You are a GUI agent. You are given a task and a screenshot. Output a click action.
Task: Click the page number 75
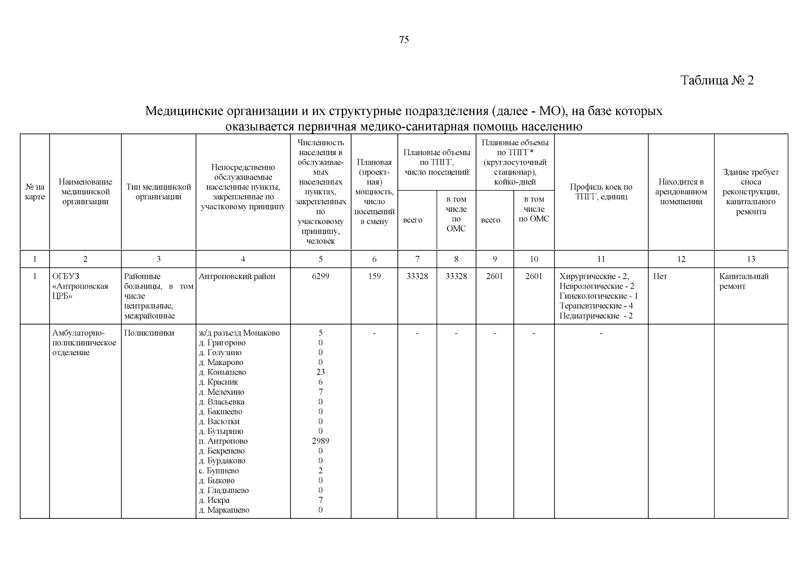(x=404, y=40)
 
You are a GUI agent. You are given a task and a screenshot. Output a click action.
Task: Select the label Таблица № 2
(x=717, y=80)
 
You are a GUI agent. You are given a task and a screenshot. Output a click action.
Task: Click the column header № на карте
(x=34, y=192)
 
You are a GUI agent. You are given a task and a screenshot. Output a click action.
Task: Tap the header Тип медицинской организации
(x=158, y=192)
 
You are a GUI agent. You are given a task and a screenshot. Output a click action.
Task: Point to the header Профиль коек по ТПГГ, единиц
(x=601, y=192)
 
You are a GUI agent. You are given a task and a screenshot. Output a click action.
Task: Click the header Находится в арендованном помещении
(x=681, y=192)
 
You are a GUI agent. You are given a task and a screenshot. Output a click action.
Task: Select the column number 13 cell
(x=751, y=259)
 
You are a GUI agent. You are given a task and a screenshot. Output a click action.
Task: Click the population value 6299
(x=321, y=276)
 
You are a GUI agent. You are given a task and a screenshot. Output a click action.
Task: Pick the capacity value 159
(x=374, y=276)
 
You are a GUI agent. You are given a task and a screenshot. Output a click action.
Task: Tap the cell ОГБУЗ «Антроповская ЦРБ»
(x=80, y=286)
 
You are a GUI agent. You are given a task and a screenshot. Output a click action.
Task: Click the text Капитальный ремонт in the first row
(x=743, y=282)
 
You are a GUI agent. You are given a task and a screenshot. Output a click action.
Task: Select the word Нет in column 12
(x=660, y=276)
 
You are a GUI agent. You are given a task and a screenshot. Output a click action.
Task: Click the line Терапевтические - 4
(x=596, y=306)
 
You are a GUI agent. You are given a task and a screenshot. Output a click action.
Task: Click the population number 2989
(x=321, y=441)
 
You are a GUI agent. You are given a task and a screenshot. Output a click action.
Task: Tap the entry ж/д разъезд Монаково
(x=239, y=333)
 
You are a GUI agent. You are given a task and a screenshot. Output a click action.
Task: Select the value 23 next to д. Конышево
(x=321, y=372)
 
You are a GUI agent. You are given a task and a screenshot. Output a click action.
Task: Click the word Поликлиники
(x=148, y=333)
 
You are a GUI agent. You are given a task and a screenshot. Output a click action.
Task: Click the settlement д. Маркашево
(x=224, y=510)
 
